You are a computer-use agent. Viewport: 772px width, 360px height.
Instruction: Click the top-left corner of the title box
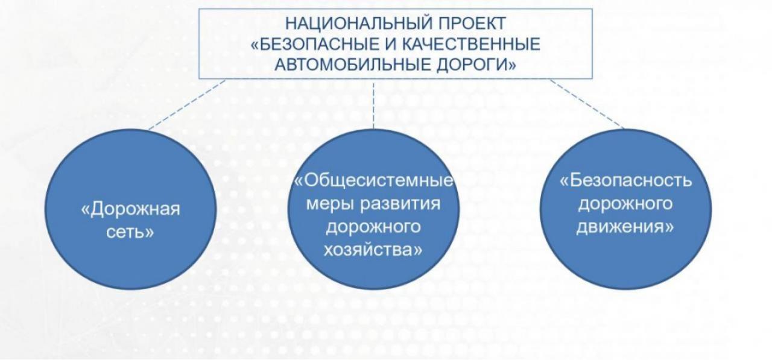coord(199,9)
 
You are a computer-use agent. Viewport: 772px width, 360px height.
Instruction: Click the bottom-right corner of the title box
coord(592,79)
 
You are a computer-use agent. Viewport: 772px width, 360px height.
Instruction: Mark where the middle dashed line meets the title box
coord(373,79)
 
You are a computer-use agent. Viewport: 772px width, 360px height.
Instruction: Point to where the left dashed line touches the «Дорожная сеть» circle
coord(148,130)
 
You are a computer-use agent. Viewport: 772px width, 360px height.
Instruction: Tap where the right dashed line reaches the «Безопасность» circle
coord(624,129)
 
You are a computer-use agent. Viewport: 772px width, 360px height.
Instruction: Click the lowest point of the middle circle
coord(373,289)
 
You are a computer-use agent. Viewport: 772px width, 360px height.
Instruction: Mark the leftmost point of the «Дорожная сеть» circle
coord(45,209)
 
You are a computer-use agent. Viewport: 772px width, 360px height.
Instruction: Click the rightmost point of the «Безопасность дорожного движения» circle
coord(712,209)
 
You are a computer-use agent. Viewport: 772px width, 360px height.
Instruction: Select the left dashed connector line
coord(187,105)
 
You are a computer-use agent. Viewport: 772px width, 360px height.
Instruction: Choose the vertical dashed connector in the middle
coord(373,104)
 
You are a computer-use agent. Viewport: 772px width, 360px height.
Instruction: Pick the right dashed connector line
coord(587,104)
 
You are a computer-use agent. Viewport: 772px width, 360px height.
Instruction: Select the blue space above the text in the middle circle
coord(373,151)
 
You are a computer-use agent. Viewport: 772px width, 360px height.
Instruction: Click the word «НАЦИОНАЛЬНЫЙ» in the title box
coord(358,24)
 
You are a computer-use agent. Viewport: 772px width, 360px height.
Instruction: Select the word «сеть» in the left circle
coord(130,232)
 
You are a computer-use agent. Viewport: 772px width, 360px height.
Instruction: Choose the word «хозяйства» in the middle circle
coord(373,250)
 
